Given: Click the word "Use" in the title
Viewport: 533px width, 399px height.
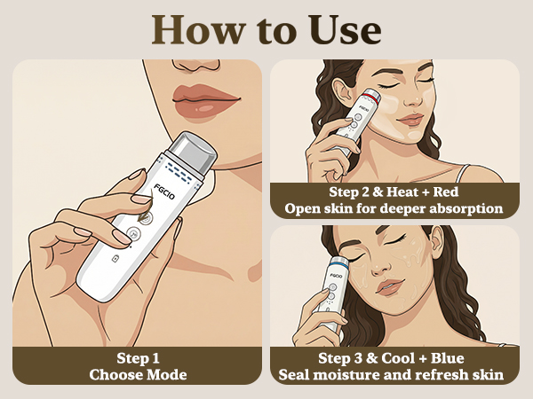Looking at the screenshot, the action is point(345,29).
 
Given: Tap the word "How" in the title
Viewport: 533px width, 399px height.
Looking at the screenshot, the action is point(198,29).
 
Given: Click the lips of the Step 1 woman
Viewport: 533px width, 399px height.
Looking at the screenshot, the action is point(206,101).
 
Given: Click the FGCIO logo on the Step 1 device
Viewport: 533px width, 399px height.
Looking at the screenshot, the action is point(164,192).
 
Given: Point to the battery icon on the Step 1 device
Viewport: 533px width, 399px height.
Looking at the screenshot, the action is point(115,259).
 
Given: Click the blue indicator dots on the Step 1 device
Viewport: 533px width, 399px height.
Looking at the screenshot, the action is point(179,172).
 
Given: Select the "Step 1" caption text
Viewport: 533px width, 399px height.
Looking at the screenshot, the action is point(138,358).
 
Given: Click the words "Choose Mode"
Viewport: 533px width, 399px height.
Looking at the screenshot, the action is point(138,374).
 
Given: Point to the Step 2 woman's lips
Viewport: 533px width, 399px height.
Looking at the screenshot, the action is point(410,120).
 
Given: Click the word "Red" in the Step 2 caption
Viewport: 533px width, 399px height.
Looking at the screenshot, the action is point(446,192).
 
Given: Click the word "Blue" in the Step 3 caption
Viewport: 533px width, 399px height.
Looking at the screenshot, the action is point(448,358).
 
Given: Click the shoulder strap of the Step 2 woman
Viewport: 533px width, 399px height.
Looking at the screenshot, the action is point(462,173).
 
